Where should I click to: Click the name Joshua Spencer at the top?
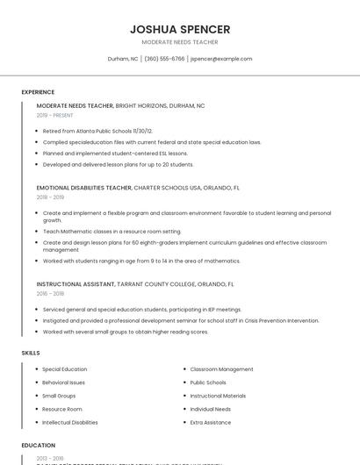coord(180,29)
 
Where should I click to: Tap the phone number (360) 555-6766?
coord(165,59)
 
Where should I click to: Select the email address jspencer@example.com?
coord(221,59)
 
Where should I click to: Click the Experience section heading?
coord(38,92)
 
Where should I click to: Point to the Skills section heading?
coord(30,353)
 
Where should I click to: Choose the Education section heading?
coord(38,446)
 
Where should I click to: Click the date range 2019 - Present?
coord(54,115)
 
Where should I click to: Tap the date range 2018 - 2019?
coord(51,197)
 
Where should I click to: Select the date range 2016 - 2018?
coord(51,294)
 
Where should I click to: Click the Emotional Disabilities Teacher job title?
coord(84,188)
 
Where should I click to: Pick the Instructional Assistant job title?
coord(76,284)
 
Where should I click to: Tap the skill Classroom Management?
coord(221,369)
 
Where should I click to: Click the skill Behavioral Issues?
coord(64,383)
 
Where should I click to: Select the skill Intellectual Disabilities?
coord(70,422)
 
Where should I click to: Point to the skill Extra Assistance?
coord(211,422)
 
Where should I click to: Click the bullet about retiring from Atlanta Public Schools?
coord(97,131)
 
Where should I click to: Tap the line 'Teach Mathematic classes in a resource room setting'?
coord(112,231)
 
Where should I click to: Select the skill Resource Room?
coord(62,409)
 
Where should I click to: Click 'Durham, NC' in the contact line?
coord(123,59)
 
